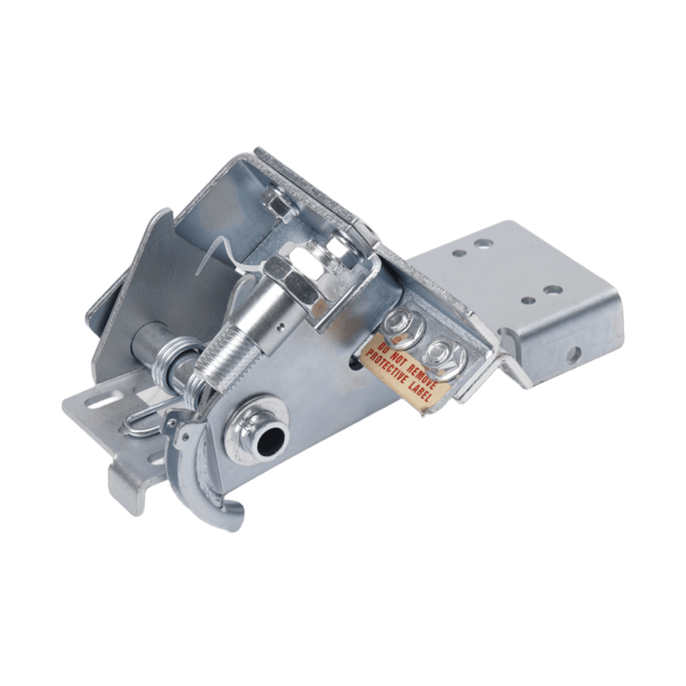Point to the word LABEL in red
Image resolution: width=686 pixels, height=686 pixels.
[419, 391]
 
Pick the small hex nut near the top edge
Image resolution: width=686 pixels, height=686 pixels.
[278, 204]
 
